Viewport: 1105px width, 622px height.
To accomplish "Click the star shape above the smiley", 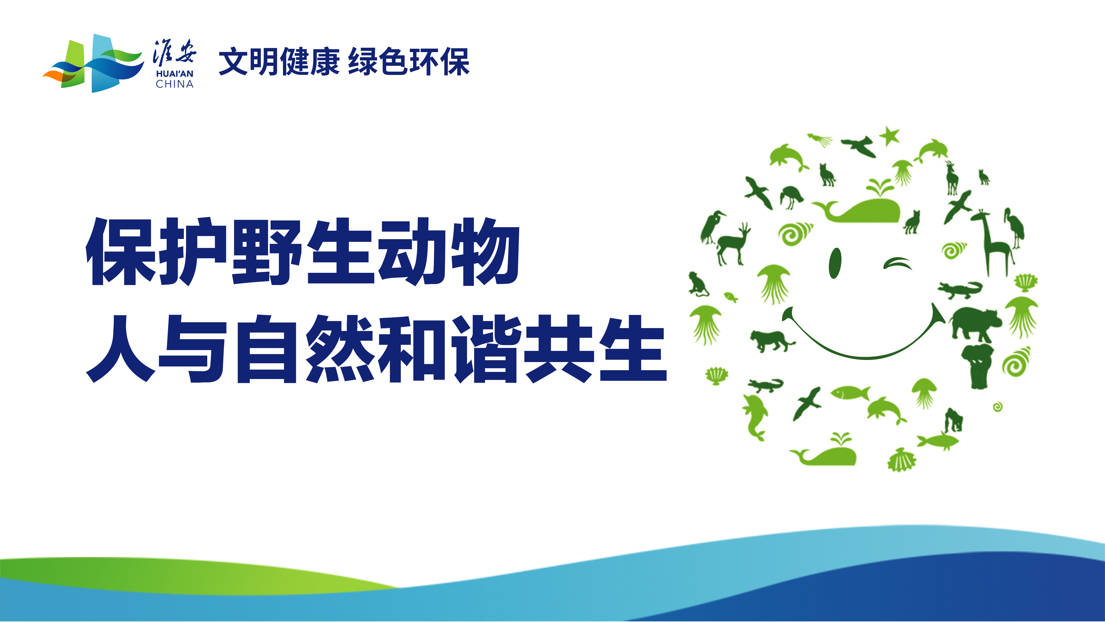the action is pos(890,136).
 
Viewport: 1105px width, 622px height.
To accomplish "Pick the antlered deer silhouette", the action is pos(732,244).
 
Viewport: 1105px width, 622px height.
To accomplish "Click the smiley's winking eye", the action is pos(897,263).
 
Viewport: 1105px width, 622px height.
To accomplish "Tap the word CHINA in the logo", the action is pos(175,84).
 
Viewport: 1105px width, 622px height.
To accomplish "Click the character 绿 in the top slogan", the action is pos(363,62).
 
